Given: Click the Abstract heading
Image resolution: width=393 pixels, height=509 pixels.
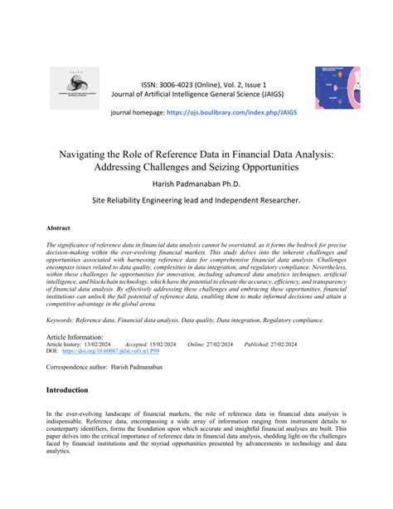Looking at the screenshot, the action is tap(58, 228).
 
